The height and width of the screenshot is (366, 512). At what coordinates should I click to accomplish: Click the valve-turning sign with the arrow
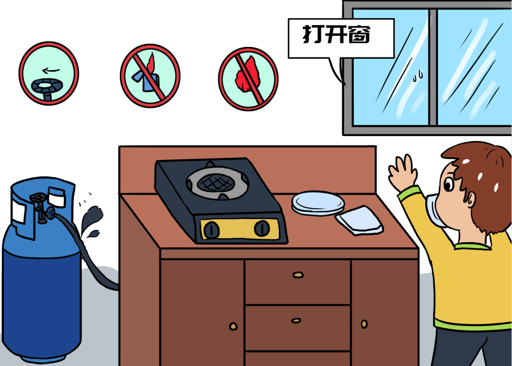[x=49, y=73]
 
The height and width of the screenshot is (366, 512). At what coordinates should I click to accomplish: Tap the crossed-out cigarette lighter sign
[x=150, y=76]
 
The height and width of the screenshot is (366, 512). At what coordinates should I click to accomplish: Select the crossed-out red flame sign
[x=248, y=79]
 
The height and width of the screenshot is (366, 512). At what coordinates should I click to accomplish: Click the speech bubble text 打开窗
[x=337, y=34]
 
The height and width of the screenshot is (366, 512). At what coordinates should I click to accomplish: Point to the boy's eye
[x=448, y=184]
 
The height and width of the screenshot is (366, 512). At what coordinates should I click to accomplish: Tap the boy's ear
[x=470, y=199]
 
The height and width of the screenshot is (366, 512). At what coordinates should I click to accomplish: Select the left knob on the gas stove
[x=211, y=229]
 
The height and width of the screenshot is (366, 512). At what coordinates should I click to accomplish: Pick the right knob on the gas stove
[x=262, y=228]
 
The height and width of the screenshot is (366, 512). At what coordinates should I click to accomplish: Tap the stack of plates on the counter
[x=318, y=203]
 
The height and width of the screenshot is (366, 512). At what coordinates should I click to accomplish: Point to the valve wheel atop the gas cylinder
[x=38, y=197]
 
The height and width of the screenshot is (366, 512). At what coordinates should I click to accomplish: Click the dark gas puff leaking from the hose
[x=92, y=221]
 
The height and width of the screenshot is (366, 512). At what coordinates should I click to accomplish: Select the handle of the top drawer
[x=298, y=275]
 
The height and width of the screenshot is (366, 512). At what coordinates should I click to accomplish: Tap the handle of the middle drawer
[x=296, y=320]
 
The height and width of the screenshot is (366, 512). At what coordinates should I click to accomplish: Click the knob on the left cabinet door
[x=233, y=326]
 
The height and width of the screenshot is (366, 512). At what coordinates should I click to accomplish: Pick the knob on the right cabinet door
[x=364, y=324]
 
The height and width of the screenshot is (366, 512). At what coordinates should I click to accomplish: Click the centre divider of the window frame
[x=433, y=67]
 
